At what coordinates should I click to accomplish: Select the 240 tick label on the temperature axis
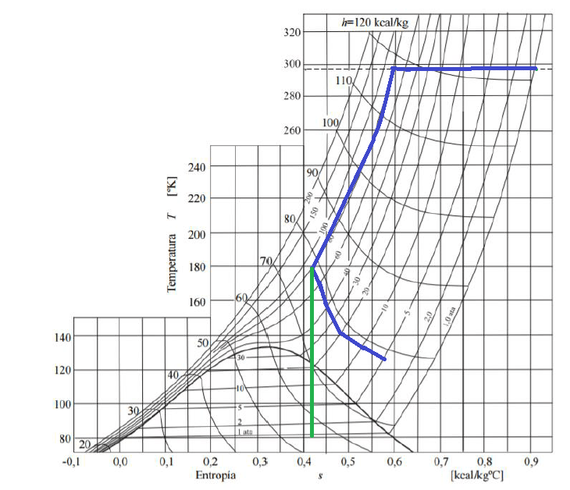point(197,166)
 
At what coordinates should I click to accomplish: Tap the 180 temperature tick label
point(197,266)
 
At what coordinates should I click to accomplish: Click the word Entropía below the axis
point(213,474)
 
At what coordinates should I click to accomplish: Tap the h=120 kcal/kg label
point(375,22)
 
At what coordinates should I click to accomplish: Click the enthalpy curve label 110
point(344,80)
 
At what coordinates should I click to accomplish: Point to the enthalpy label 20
point(84,445)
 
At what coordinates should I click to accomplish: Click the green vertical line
point(312,351)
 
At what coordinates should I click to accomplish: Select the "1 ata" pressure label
point(244,431)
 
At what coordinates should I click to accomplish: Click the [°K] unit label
point(172,186)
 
